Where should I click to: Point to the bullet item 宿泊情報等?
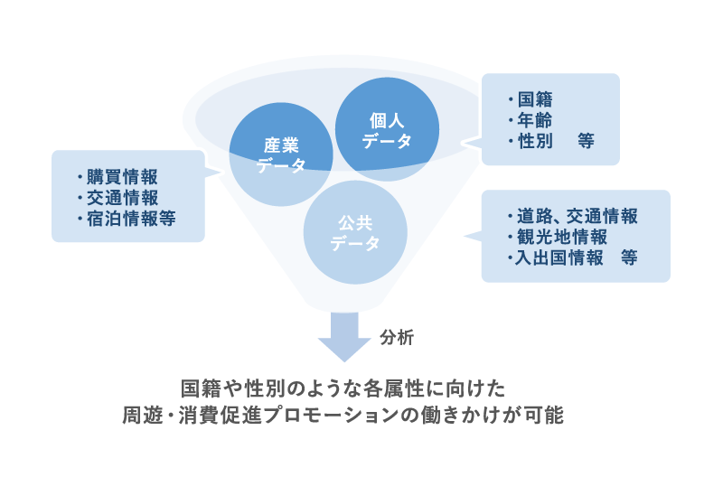click(x=130, y=218)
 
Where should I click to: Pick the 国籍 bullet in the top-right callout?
click(x=535, y=99)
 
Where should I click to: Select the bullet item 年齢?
click(x=535, y=120)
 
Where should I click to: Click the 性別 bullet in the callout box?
click(x=535, y=141)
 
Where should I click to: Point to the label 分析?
click(x=397, y=338)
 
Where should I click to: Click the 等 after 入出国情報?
click(x=628, y=258)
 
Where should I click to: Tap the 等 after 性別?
click(x=586, y=141)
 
